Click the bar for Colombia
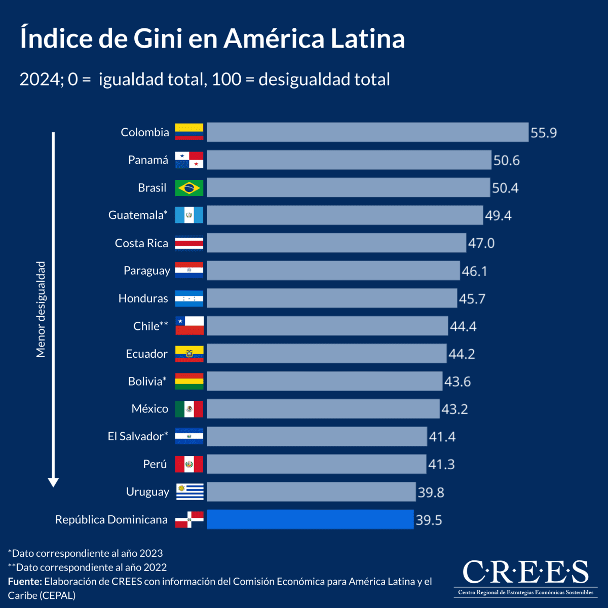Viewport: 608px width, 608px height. pos(367,132)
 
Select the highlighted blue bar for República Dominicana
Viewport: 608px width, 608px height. pos(310,519)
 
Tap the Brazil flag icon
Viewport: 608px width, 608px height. pos(189,188)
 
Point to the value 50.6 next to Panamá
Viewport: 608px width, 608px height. pos(506,161)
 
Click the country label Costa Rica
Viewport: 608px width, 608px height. pos(141,243)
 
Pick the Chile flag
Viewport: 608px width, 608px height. pos(189,326)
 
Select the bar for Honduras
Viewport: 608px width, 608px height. pos(332,298)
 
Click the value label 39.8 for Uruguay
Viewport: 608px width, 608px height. pos(431,492)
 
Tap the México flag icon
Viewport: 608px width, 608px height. pos(189,409)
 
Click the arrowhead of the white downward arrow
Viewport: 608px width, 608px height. pos(53,482)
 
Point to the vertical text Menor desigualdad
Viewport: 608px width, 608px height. pos(41,310)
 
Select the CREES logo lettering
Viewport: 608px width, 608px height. pos(525,573)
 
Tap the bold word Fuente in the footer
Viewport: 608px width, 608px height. pos(24,581)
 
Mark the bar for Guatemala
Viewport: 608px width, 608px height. pos(345,215)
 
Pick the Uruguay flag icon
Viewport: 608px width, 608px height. pos(189,491)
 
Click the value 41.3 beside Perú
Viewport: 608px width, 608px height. pos(441,465)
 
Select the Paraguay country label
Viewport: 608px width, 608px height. pos(146,271)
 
